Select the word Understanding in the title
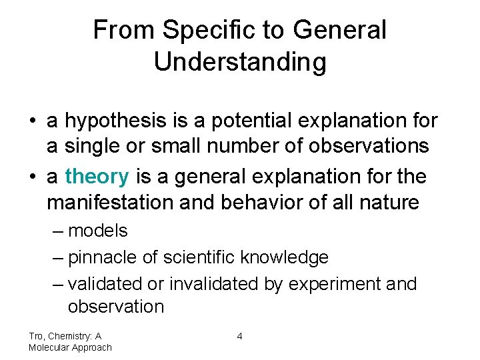(x=240, y=62)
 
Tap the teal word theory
(x=97, y=177)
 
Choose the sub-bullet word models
(x=97, y=231)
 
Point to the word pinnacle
(x=101, y=257)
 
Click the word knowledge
(x=285, y=257)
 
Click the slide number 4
(x=239, y=337)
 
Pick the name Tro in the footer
(x=36, y=337)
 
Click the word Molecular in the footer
(x=50, y=347)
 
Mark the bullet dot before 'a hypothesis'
(x=33, y=122)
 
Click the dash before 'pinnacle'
(x=58, y=257)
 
